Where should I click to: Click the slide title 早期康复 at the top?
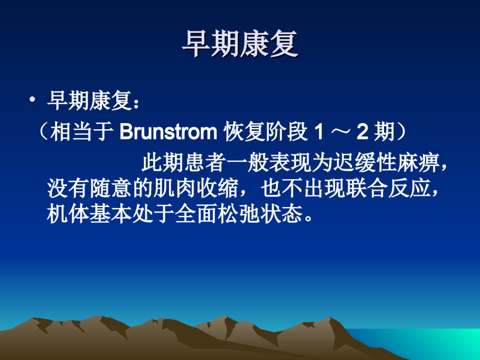click(240, 44)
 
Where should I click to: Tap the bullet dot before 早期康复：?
click(32, 99)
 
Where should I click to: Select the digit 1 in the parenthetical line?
click(319, 132)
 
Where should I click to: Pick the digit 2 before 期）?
click(362, 132)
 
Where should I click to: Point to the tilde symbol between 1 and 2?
click(341, 132)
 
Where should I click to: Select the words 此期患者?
click(184, 162)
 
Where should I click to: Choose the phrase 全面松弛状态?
click(239, 214)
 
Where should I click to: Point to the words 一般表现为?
click(279, 162)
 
